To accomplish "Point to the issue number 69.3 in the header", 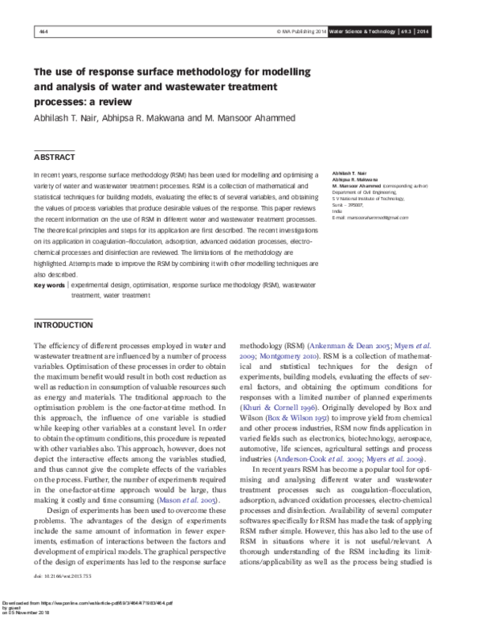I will coord(408,31).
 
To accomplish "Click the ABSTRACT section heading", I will coord(55,157).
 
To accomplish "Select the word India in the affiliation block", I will coord(337,211).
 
